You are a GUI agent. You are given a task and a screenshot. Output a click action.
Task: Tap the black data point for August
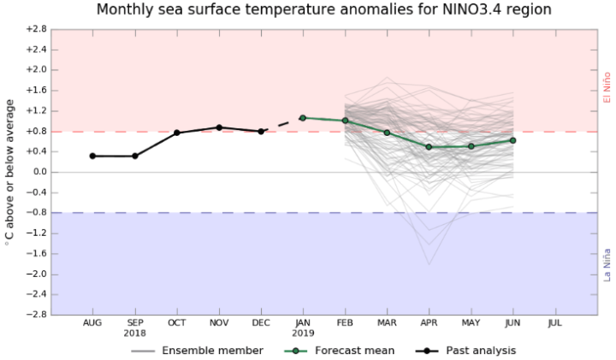click(x=92, y=156)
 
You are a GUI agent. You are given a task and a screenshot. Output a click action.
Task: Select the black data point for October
click(x=176, y=133)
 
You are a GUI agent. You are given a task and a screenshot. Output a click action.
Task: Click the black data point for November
click(x=219, y=127)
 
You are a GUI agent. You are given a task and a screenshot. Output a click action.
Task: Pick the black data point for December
click(x=261, y=132)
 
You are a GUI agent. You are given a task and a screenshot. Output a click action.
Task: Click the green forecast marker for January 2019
click(x=303, y=118)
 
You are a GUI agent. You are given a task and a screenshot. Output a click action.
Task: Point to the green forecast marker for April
click(x=429, y=147)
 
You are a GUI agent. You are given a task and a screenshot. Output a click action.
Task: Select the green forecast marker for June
click(x=512, y=140)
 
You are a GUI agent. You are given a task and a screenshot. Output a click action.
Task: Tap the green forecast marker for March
click(x=387, y=133)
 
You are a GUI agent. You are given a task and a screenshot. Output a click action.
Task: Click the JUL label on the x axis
click(x=554, y=323)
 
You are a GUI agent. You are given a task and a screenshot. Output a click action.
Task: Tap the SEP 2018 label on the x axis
click(x=134, y=328)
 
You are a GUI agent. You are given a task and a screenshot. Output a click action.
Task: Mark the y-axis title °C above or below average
click(x=10, y=172)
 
